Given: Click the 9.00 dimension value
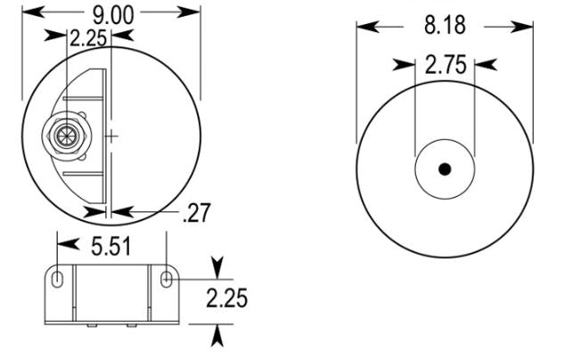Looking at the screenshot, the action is [113, 15].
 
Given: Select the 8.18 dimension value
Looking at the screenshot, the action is [445, 26].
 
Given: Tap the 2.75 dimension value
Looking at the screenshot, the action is [445, 65].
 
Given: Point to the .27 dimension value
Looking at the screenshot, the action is [197, 213].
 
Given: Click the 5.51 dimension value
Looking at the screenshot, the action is [111, 247].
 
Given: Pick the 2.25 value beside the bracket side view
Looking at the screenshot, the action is [226, 299].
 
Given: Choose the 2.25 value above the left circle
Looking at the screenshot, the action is [88, 38].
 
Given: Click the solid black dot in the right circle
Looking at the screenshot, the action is [445, 169].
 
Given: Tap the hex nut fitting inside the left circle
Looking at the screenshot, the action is [67, 135].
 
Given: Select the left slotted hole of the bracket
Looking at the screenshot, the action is [57, 279].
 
